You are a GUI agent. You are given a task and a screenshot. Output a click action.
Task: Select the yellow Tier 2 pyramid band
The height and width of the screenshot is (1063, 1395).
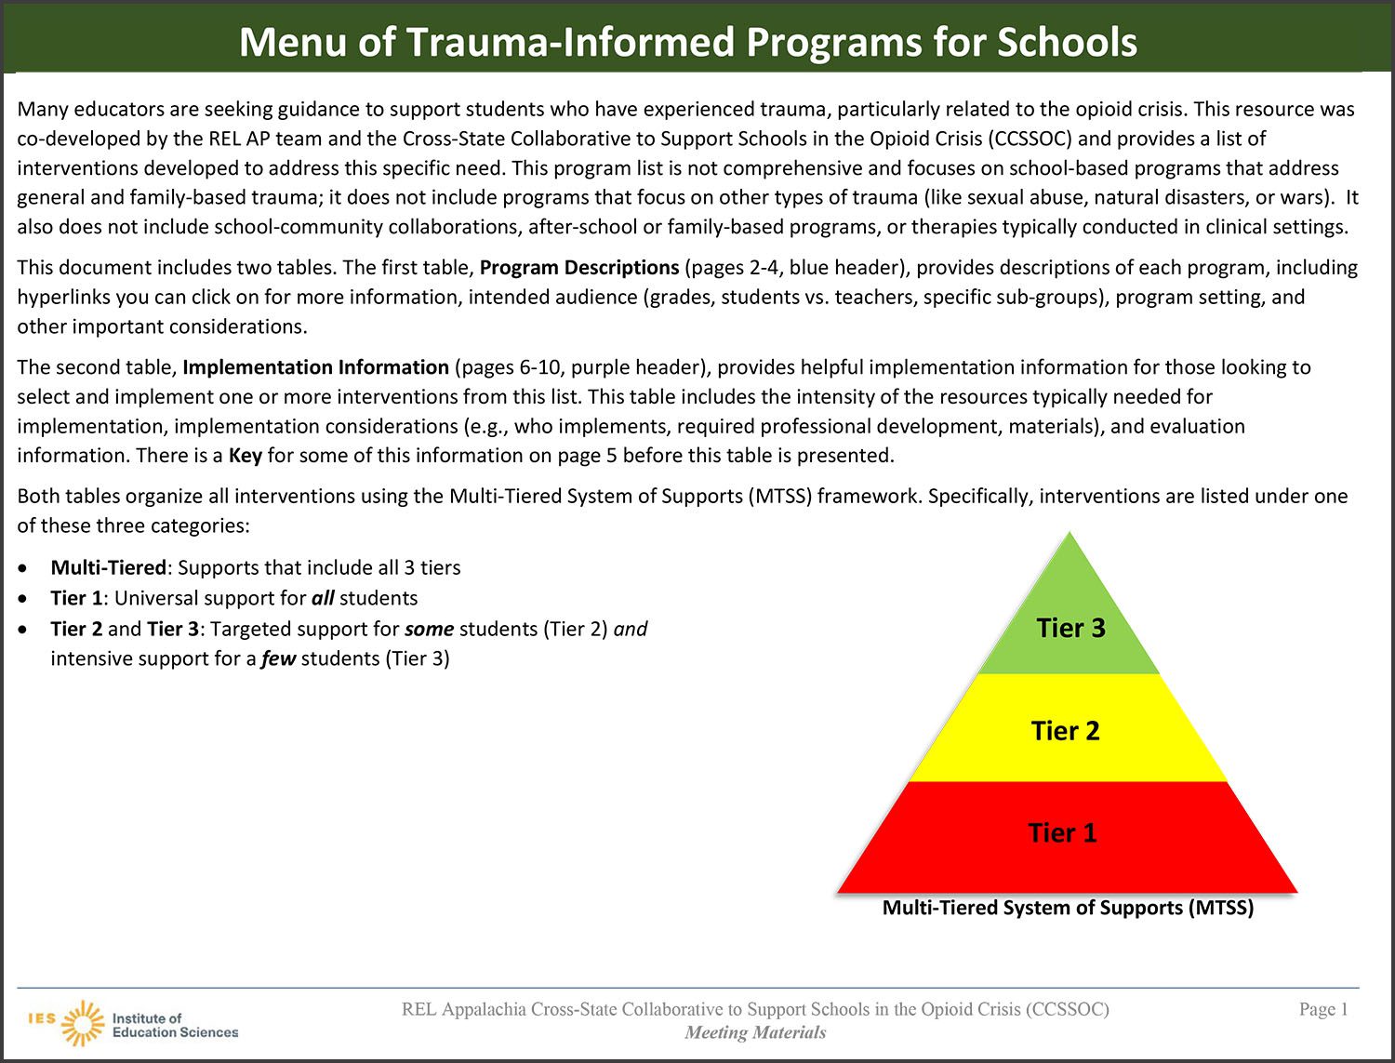click(1066, 730)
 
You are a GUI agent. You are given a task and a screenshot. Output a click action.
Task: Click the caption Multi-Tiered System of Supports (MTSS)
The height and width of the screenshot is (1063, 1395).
click(1068, 908)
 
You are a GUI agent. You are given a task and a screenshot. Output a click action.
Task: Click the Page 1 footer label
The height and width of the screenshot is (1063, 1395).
click(1323, 1009)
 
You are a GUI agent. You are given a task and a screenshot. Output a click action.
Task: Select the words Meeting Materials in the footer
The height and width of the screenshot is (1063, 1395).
click(755, 1032)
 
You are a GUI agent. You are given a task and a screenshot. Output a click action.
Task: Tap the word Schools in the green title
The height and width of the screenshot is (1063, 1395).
click(1067, 42)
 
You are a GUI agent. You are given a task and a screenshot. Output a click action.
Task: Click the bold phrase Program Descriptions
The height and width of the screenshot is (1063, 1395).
click(579, 268)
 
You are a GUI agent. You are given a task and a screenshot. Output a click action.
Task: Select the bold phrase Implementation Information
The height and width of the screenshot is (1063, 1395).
click(316, 367)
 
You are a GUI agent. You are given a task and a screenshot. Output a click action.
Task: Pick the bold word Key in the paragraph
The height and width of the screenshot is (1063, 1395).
click(246, 456)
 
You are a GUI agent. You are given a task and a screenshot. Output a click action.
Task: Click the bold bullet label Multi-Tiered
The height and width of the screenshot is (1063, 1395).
click(108, 567)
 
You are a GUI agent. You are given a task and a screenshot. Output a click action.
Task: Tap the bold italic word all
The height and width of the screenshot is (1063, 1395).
click(323, 598)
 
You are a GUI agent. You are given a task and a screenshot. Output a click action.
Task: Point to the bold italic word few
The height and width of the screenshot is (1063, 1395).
click(278, 658)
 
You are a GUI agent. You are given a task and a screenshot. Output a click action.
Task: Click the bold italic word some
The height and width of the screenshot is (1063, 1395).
click(429, 629)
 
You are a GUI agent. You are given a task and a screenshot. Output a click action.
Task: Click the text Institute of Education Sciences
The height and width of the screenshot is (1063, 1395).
click(174, 1025)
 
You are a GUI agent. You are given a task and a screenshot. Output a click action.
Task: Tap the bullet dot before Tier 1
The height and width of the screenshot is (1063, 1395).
click(23, 598)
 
